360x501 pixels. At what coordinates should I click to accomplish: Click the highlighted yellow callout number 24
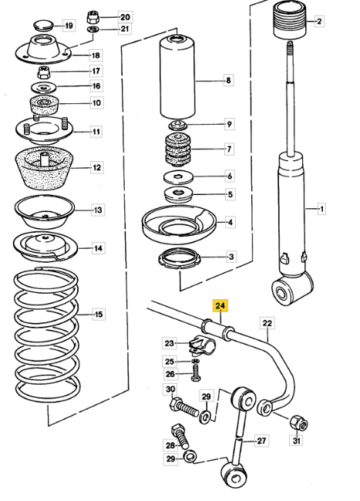(x=220, y=306)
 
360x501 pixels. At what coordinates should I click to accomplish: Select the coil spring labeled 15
(x=47, y=335)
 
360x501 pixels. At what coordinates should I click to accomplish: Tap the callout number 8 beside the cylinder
(x=228, y=80)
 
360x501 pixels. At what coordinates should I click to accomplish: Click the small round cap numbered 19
(x=42, y=25)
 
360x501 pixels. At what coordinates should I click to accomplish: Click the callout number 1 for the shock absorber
(x=321, y=210)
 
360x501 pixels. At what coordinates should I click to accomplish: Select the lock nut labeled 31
(x=298, y=423)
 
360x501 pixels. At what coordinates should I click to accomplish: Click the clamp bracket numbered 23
(x=201, y=345)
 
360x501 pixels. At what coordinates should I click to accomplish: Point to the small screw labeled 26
(x=196, y=373)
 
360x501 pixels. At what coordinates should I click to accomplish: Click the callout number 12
(x=97, y=167)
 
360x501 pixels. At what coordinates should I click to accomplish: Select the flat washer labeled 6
(x=178, y=177)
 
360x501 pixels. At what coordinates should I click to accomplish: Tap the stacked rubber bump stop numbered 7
(x=177, y=150)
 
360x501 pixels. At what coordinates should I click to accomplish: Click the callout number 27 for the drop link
(x=261, y=441)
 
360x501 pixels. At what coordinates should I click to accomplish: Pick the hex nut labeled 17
(x=44, y=72)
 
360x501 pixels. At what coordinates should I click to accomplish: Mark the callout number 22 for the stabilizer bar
(x=267, y=323)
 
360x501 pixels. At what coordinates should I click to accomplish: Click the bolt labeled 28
(x=180, y=435)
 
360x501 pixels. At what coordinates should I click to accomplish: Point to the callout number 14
(x=98, y=248)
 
